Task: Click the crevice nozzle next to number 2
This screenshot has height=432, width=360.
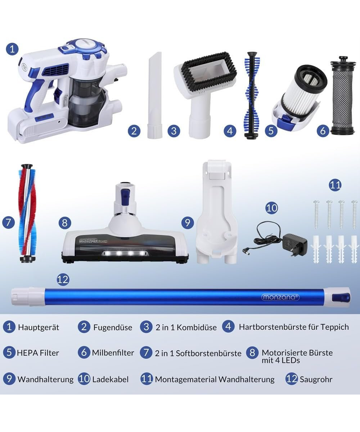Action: click(154, 95)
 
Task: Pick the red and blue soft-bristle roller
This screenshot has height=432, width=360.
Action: click(27, 213)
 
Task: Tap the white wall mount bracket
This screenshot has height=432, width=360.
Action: click(216, 212)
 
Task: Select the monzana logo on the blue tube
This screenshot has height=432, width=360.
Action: click(280, 297)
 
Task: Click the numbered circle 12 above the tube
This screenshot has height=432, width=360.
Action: click(63, 279)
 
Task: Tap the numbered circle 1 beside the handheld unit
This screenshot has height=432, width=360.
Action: click(12, 49)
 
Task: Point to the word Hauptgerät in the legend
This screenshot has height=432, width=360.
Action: click(39, 328)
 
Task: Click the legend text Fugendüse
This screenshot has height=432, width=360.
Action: click(113, 328)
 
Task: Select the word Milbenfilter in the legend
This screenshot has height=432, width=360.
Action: click(113, 353)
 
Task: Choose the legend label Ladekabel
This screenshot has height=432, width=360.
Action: click(110, 379)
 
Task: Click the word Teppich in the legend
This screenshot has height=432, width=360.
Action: click(334, 327)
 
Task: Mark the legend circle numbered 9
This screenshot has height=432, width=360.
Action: click(9, 379)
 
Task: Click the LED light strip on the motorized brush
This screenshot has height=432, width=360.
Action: click(125, 253)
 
